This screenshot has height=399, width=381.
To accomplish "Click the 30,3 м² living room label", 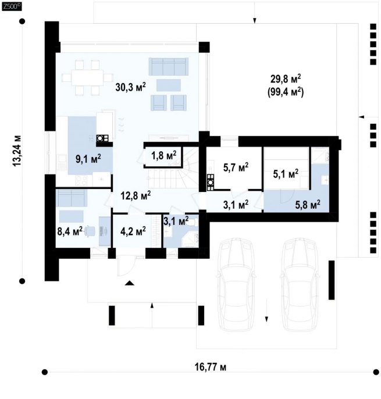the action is coord(130,87).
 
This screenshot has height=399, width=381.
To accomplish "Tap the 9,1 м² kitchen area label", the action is coord(88,159).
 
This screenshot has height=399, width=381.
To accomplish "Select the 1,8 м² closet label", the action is coord(163,155).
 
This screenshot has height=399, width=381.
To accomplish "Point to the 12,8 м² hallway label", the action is coord(136,195).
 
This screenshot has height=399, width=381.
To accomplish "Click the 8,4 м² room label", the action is coord(70,231).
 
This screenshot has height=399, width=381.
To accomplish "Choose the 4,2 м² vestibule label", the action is coord(133,231).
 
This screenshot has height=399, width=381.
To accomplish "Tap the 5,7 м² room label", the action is coord(236,168).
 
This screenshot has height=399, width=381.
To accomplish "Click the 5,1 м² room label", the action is coord(286,174).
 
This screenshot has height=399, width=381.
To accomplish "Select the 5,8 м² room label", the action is coord(308,204).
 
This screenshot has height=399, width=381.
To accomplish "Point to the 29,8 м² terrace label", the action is coord(285,79).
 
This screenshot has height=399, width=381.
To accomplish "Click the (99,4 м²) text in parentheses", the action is coord(285,92).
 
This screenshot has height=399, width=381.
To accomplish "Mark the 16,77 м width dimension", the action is coord(210,367).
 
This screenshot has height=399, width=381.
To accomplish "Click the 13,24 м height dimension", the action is coord(17,151).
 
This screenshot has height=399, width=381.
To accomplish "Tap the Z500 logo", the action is coord(12,6).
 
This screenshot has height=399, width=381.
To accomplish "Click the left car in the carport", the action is coord(236,284).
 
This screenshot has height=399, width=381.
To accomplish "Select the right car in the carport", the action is coord(300,284).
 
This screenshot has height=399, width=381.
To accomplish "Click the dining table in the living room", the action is coord(87,77).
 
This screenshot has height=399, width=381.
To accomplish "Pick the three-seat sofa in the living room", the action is coord(169,66).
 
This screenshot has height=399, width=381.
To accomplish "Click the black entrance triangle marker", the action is coord(130,283).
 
